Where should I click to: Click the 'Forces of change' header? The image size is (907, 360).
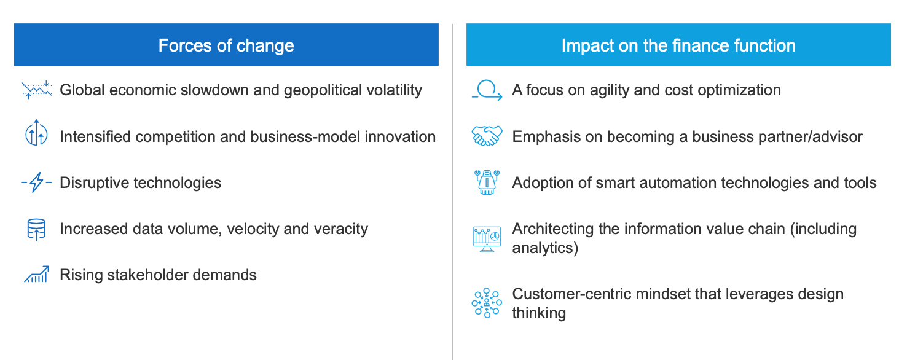tap(226, 45)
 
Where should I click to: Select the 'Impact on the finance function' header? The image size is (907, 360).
tap(678, 45)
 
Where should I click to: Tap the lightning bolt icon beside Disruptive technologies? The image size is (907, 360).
tap(36, 182)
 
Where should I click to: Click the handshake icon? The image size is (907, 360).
tap(487, 136)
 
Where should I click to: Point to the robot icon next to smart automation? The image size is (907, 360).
tap(487, 182)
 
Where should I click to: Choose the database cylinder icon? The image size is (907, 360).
tap(36, 230)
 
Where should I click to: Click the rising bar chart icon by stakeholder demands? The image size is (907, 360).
tap(36, 274)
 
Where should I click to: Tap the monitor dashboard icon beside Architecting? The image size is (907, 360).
tap(487, 239)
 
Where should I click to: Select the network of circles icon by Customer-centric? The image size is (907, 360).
tap(487, 303)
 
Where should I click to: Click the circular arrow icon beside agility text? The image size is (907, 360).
tap(487, 90)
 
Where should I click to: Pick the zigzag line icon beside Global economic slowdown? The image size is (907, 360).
tap(36, 90)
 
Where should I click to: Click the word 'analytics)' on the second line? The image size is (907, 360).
tap(545, 248)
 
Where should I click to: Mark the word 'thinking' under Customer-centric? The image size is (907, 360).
tap(539, 313)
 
